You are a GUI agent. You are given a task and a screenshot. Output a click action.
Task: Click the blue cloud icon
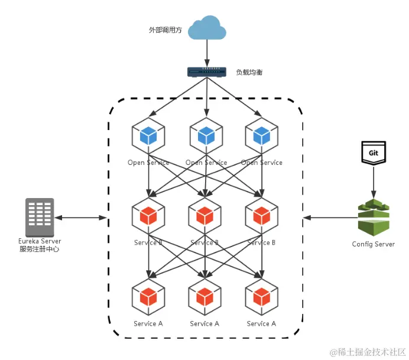pos(206,29)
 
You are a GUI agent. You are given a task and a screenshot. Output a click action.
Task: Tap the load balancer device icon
pos(206,72)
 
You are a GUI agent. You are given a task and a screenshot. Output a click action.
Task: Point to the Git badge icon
pos(373,153)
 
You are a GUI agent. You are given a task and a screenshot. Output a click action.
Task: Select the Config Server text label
pos(373,244)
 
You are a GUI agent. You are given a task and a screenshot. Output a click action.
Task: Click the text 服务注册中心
pos(40,249)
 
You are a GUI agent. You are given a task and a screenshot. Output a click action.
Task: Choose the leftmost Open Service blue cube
pos(148,136)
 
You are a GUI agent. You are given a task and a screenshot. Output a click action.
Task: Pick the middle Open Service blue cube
pos(206,136)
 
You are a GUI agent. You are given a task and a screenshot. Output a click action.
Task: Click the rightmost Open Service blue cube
pos(262,136)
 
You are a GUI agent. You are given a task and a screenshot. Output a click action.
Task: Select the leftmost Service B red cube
pos(148,216)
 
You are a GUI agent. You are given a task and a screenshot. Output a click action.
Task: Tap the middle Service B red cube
pos(204,216)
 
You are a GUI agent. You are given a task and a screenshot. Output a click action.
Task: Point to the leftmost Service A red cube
pos(148,297)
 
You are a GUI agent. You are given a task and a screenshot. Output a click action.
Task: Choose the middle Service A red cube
pos(204,297)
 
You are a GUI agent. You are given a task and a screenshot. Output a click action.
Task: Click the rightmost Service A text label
pos(261,323)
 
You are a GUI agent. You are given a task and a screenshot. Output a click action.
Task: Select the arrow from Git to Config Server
pos(373,180)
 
